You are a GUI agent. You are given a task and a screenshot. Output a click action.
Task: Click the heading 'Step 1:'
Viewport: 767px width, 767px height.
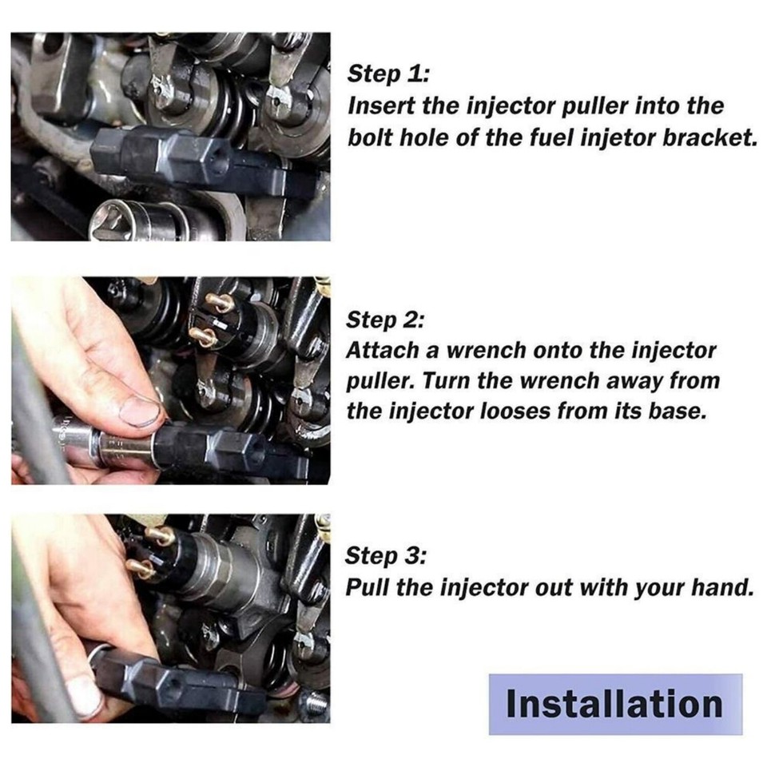[388, 74]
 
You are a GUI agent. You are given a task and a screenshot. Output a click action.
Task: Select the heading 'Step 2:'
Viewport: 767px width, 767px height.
[386, 320]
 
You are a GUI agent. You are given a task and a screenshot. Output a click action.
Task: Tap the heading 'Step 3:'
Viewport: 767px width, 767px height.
[387, 556]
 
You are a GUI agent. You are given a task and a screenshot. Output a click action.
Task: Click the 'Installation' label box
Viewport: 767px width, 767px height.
[615, 704]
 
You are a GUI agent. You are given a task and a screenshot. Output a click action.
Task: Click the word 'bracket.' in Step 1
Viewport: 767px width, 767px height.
[713, 137]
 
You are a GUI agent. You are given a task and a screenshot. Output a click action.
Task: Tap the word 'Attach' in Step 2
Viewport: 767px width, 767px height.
[378, 350]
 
